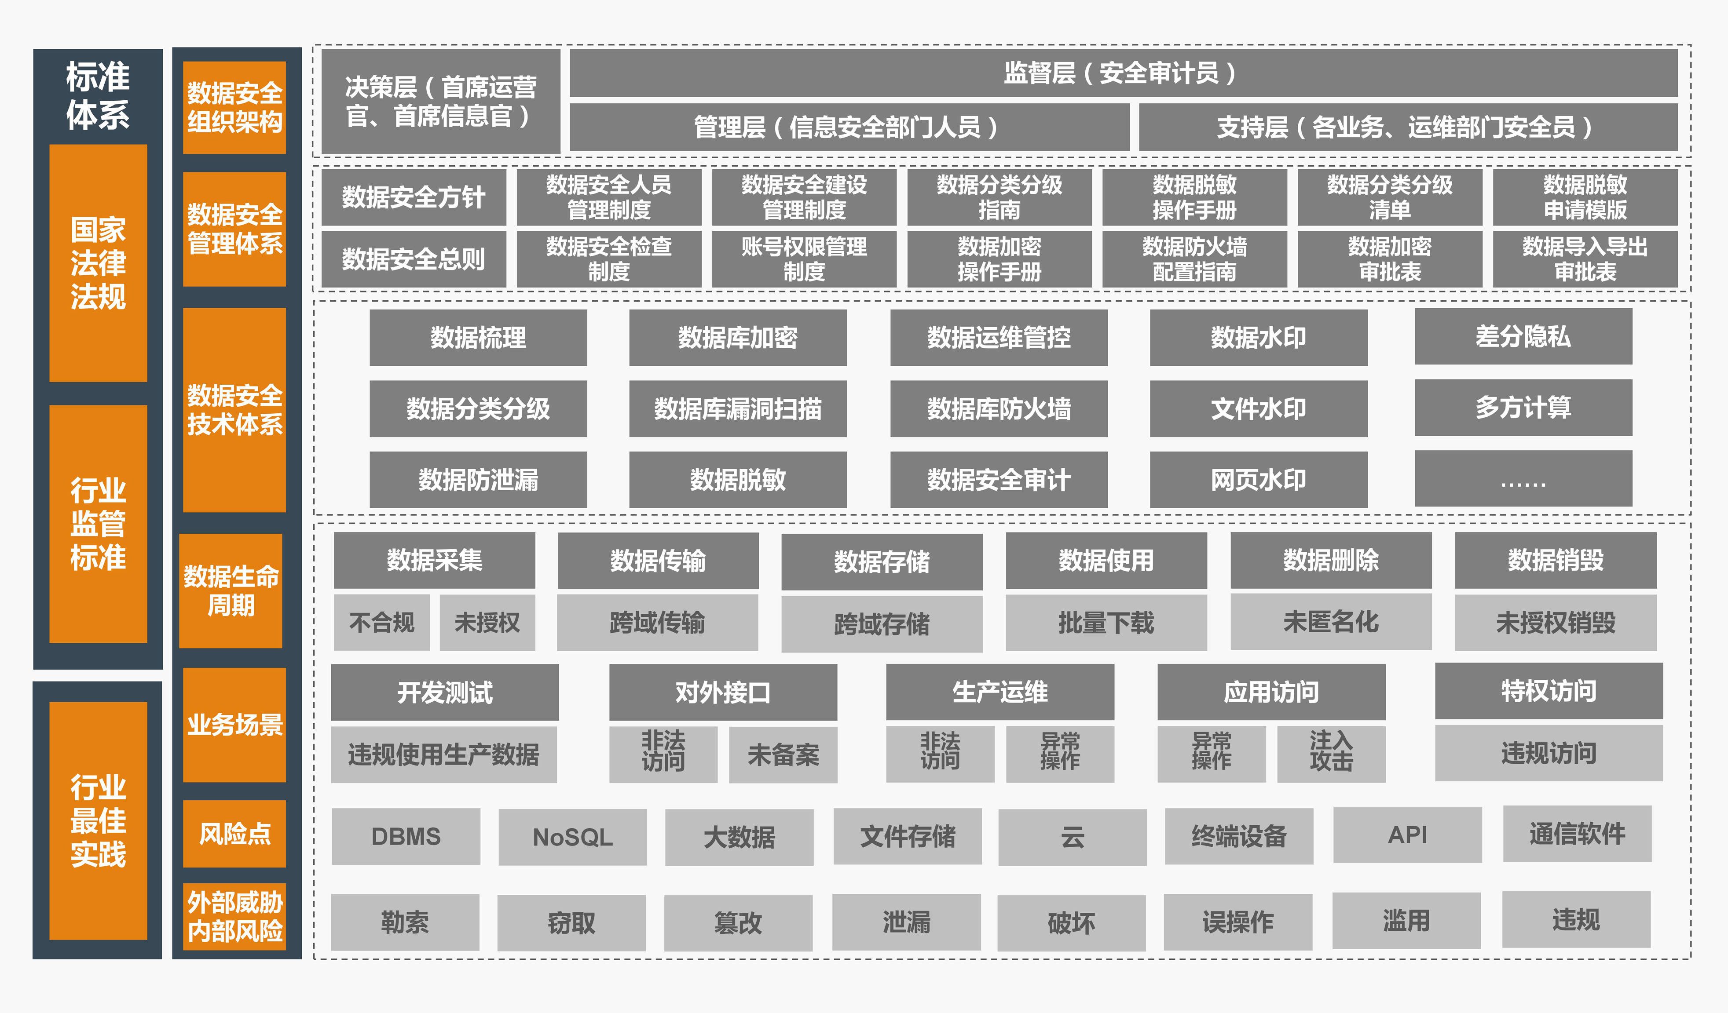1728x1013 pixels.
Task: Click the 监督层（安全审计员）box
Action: pyautogui.click(x=1123, y=73)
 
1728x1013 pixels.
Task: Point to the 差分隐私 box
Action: pyautogui.click(x=1523, y=336)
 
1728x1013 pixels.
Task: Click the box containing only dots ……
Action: pyautogui.click(x=1523, y=479)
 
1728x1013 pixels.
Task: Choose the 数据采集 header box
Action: pyautogui.click(x=434, y=561)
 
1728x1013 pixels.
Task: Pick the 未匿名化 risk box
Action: pyautogui.click(x=1331, y=622)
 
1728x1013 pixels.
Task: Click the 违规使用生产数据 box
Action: pyautogui.click(x=443, y=754)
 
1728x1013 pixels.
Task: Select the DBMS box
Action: pyautogui.click(x=406, y=837)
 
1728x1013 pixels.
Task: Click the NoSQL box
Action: pyautogui.click(x=573, y=837)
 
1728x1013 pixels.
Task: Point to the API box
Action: pyautogui.click(x=1407, y=835)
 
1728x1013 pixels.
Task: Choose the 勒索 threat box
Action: pyautogui.click(x=405, y=922)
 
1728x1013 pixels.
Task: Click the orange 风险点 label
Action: pyautogui.click(x=234, y=834)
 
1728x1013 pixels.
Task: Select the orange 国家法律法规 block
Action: pyautogui.click(x=98, y=263)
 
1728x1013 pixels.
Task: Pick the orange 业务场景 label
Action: pyautogui.click(x=234, y=725)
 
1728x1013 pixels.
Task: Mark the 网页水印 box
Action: pyautogui.click(x=1258, y=480)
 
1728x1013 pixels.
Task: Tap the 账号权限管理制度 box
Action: pyautogui.click(x=804, y=259)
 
